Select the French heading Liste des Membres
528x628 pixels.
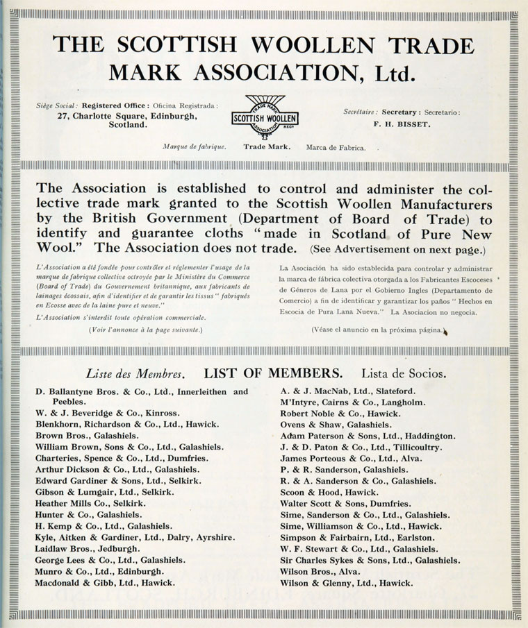(135, 373)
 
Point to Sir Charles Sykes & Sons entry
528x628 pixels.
(370, 559)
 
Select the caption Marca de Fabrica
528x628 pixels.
(336, 147)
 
